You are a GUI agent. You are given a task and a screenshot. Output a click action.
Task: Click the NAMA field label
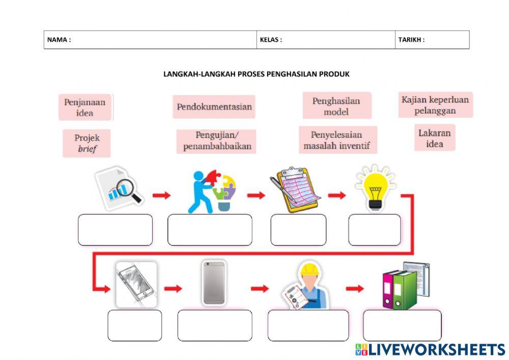click(x=59, y=40)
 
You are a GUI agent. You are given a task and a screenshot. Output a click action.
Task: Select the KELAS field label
click(x=271, y=40)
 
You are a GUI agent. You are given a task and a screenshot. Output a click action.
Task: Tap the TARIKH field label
click(x=411, y=40)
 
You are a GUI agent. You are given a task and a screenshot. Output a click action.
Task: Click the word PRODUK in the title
click(x=334, y=74)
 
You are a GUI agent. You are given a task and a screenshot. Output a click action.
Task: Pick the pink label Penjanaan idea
click(x=84, y=107)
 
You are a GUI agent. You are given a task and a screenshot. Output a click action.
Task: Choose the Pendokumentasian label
click(x=214, y=107)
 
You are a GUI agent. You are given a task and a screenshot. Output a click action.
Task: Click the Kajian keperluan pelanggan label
click(x=435, y=105)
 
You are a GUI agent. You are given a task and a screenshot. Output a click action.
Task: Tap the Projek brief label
click(x=87, y=143)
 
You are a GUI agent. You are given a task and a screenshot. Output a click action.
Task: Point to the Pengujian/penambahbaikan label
click(x=216, y=141)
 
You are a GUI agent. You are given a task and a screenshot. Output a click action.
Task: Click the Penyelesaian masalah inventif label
click(x=337, y=141)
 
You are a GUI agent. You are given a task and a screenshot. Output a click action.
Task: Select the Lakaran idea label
click(x=434, y=137)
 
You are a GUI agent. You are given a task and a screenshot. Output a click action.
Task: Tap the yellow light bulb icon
click(x=376, y=187)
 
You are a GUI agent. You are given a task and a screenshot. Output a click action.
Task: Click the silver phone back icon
click(x=214, y=283)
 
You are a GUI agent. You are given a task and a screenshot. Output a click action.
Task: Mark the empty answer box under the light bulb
click(x=374, y=230)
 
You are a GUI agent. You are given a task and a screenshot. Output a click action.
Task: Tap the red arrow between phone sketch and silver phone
click(x=173, y=289)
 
